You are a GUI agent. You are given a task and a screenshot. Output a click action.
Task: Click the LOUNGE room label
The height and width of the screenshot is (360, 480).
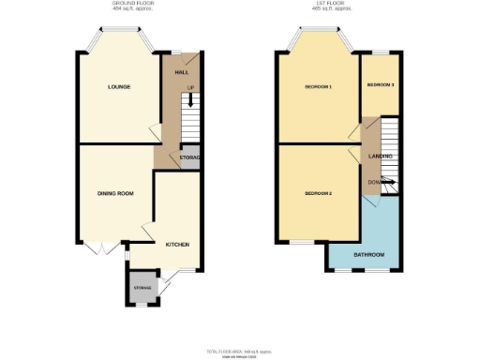(x=118, y=87)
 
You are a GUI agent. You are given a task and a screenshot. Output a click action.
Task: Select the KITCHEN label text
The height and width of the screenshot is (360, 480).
(x=178, y=244)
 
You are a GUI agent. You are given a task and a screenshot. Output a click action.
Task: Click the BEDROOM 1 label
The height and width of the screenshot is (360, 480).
(x=318, y=87)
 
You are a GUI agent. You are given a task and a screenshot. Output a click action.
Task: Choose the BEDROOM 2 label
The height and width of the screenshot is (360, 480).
(x=318, y=193)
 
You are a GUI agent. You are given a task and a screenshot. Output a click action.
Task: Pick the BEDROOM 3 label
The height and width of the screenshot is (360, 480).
(x=380, y=84)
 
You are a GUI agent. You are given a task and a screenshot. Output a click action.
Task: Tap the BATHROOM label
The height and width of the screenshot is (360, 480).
(x=368, y=254)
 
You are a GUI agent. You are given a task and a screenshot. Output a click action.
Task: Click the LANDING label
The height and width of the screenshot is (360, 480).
(x=380, y=156)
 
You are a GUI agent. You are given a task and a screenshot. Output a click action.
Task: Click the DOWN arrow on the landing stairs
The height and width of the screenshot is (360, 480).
(x=376, y=181)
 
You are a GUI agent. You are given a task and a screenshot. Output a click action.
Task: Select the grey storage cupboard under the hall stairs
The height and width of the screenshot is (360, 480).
(x=188, y=157)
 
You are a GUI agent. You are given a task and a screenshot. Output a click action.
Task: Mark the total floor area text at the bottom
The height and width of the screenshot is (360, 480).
(x=239, y=350)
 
